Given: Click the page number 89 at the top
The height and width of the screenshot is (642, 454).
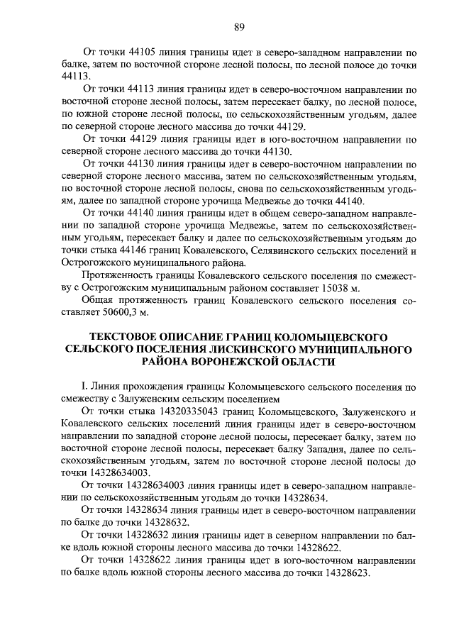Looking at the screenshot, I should (x=239, y=27).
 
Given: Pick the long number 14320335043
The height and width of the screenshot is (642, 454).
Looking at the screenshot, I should (x=179, y=411).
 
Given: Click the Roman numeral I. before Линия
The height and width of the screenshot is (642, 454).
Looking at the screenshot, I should (x=84, y=387).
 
